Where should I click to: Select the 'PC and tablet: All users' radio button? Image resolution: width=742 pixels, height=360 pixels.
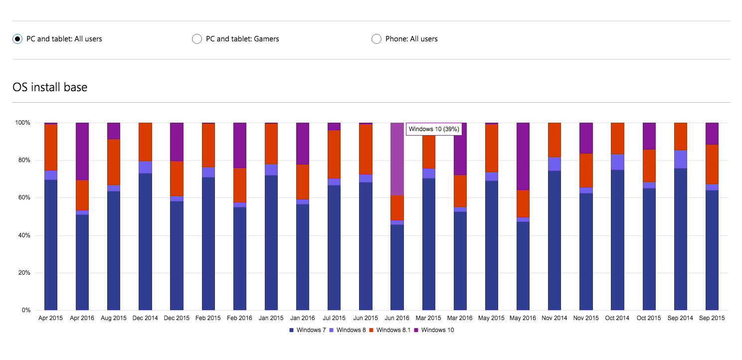[17, 39]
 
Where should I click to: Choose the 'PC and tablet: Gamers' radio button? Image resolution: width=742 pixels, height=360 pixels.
[197, 39]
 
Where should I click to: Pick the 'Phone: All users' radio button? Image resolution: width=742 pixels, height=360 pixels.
[376, 39]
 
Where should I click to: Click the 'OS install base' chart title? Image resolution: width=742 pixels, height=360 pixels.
[50, 87]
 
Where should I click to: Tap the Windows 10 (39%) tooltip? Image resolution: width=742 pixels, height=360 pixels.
[434, 129]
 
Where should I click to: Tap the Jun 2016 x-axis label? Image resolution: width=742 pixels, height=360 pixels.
[397, 318]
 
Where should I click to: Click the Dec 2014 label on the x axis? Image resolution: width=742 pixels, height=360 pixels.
[145, 318]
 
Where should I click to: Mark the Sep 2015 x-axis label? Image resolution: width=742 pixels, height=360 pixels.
[712, 318]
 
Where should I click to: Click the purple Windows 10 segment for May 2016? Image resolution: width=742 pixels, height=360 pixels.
[523, 156]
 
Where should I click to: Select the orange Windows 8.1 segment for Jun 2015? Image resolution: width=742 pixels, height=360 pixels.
[366, 149]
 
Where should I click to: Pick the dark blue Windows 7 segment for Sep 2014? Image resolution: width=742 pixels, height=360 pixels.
[681, 239]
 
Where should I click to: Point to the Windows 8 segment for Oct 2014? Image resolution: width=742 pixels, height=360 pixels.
[618, 162]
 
